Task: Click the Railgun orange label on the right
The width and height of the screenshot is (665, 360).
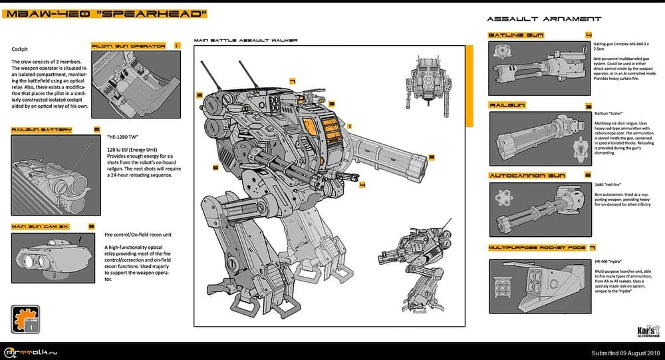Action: (509, 105)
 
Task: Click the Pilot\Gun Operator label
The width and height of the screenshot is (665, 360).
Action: (128, 46)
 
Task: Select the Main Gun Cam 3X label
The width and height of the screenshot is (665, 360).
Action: (41, 226)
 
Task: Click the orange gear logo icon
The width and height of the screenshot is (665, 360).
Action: (24, 320)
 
